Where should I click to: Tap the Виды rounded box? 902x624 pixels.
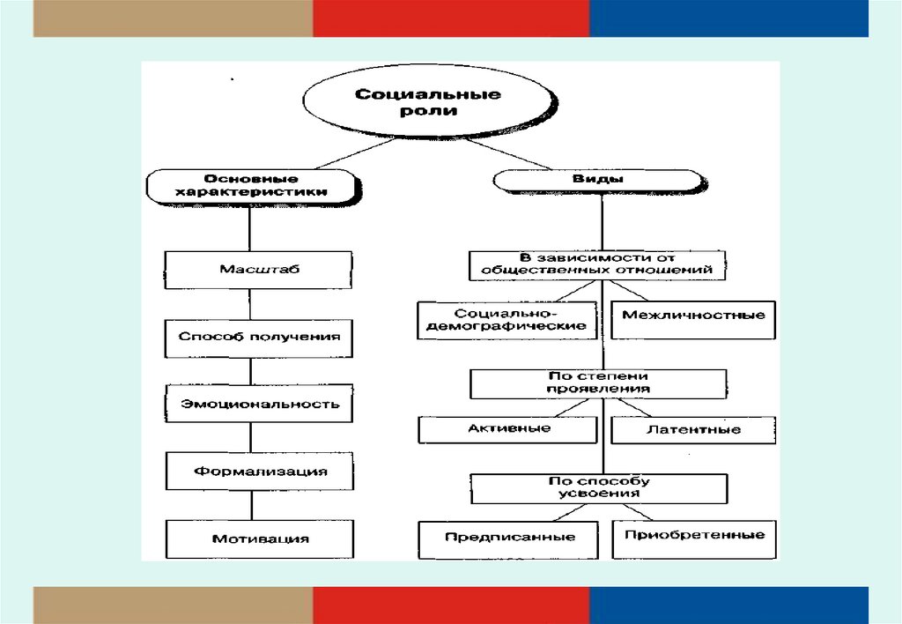pos(599,179)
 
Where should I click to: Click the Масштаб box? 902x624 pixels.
pos(259,270)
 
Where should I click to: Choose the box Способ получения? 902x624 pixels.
pos(259,337)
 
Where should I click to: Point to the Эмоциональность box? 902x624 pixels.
pos(259,404)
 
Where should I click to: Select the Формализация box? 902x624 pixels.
pos(259,471)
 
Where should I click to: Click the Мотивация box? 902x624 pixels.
pos(259,538)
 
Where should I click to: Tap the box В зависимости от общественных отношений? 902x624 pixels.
pos(598,264)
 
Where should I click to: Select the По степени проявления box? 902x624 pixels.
pos(598,383)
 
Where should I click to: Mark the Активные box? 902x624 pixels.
pos(508,429)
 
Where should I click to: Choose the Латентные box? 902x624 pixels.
pos(692,430)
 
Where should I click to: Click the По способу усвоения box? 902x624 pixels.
pos(598,487)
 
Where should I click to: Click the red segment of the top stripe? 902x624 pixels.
pos(451,19)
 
